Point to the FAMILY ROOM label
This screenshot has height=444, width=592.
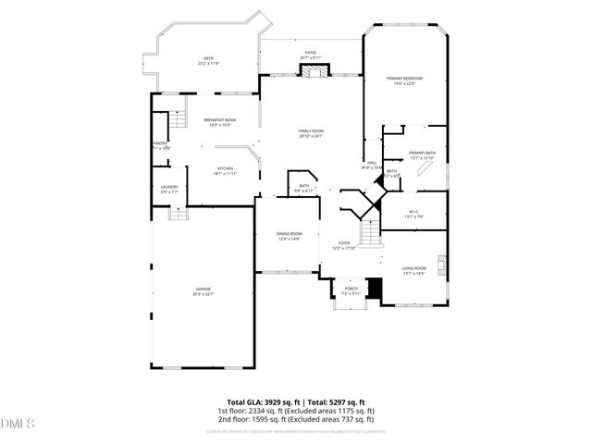point(310,133)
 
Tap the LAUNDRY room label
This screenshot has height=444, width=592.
point(169,190)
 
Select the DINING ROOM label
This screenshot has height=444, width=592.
point(289,236)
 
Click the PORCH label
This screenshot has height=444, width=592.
point(351,290)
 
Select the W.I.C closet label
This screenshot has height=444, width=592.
point(414,214)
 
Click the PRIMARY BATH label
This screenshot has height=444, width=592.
point(422,154)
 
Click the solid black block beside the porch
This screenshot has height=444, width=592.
point(375,290)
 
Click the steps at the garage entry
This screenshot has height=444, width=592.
point(176,214)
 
